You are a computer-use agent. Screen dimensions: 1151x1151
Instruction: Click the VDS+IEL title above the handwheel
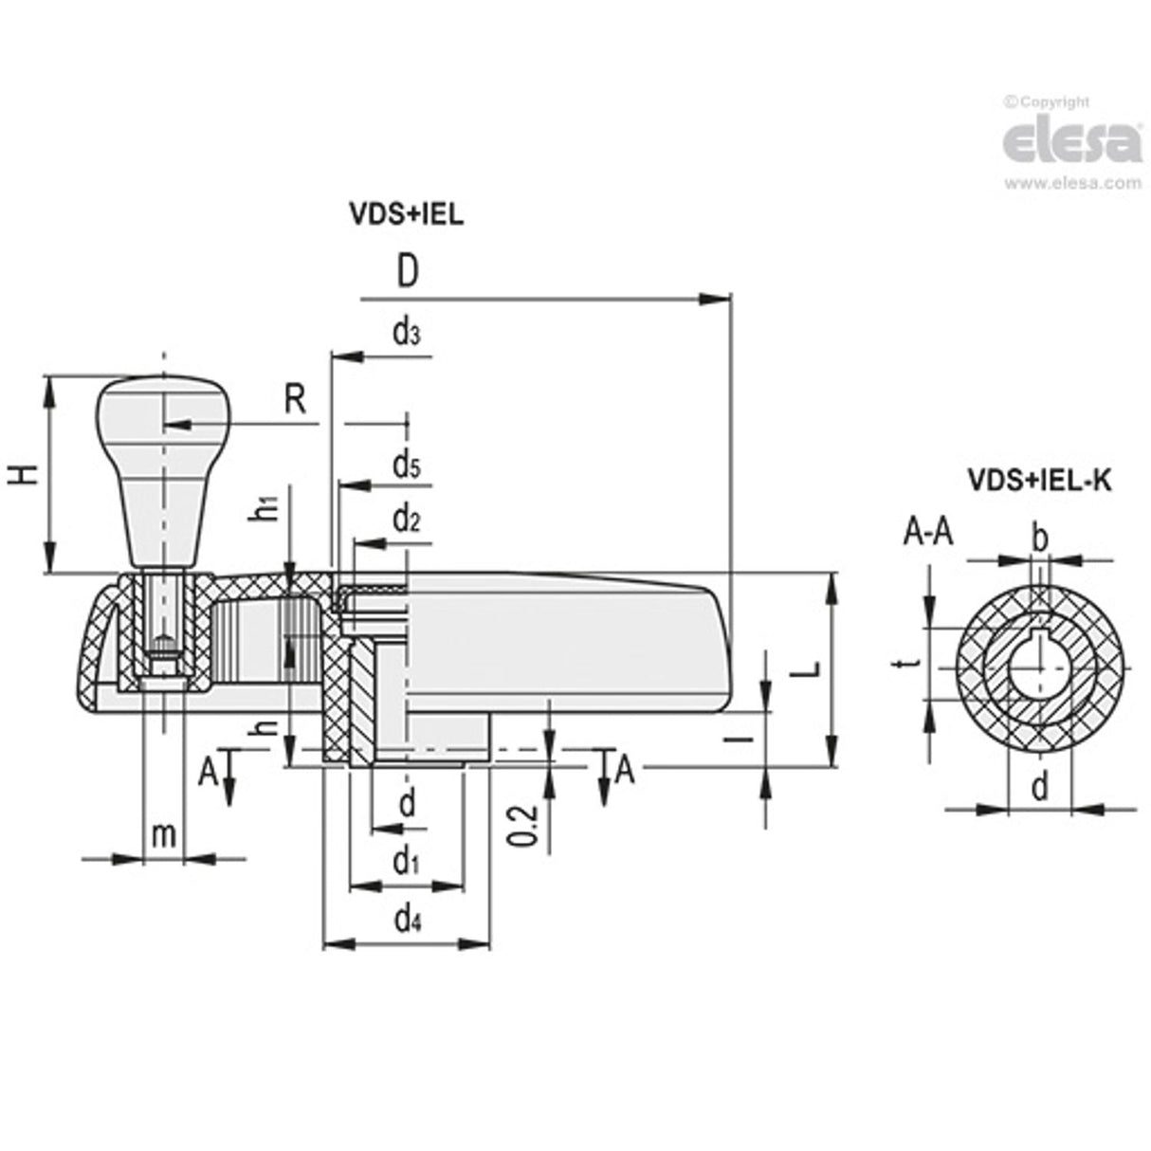pos(407,214)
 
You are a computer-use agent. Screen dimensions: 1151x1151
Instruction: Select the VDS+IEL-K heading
pos(1038,481)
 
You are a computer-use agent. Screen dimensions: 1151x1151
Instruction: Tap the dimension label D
pos(407,272)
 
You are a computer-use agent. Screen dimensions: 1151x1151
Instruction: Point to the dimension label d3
pos(406,332)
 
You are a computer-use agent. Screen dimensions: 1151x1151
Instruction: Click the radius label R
pos(295,400)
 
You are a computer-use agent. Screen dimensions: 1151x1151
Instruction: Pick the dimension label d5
pos(406,465)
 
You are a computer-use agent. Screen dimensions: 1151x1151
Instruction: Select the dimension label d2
pos(406,519)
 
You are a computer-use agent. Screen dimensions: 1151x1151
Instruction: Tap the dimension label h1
pos(270,508)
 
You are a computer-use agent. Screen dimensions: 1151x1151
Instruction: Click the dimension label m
pos(164,834)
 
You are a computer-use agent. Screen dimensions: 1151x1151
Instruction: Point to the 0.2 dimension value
pos(532,825)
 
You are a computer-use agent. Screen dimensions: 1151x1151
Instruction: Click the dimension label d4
pos(407,919)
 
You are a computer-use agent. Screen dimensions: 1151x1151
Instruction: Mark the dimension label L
pos(805,669)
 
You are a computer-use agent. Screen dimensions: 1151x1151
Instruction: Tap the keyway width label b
pos(1039,539)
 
